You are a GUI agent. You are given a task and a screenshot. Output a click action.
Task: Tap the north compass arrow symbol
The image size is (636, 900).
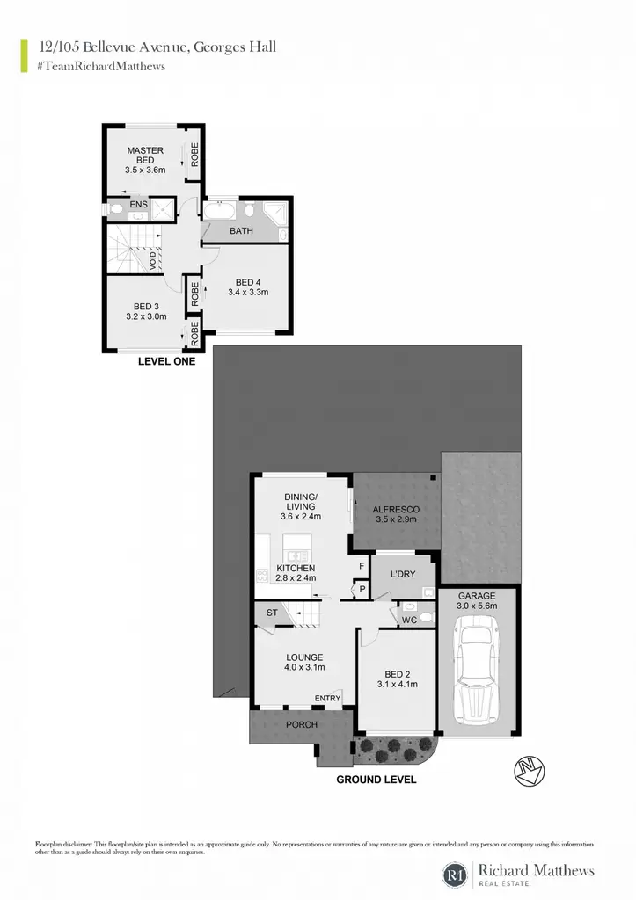point(530,771)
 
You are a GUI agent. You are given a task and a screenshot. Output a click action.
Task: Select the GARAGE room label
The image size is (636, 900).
point(477,596)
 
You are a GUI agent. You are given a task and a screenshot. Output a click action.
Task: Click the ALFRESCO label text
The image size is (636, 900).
point(396,509)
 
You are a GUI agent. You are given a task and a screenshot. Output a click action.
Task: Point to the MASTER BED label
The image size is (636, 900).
point(145,155)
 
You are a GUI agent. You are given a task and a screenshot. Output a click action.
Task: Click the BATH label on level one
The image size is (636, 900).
point(241,231)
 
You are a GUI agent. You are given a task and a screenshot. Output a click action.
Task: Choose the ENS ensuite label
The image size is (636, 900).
point(138,204)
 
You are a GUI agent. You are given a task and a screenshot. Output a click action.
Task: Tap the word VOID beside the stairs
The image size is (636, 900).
point(153,261)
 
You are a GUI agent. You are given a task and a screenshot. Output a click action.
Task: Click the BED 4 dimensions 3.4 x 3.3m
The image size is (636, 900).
point(248,292)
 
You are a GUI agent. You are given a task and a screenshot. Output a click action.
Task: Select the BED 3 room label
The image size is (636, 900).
point(147,307)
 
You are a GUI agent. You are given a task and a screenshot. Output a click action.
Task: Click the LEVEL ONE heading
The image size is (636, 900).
point(166,361)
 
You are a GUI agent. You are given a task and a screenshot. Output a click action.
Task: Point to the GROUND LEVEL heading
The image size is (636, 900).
point(376,780)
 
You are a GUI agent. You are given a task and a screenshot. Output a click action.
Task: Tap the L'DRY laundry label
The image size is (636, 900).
point(403,574)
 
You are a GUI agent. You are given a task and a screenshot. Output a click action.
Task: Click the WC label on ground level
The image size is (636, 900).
point(409,620)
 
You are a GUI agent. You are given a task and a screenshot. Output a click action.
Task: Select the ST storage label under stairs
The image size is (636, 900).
point(272,613)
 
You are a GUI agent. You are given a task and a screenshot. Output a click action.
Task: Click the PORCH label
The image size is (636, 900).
point(302,724)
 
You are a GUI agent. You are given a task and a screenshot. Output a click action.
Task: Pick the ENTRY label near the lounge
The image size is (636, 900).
point(327,698)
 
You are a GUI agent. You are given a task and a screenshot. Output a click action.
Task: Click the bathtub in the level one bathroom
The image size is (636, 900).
point(219,210)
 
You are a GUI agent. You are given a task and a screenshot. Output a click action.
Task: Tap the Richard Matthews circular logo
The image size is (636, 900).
point(455,875)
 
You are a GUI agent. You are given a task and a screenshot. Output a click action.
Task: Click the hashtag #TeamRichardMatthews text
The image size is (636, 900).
point(100,66)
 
